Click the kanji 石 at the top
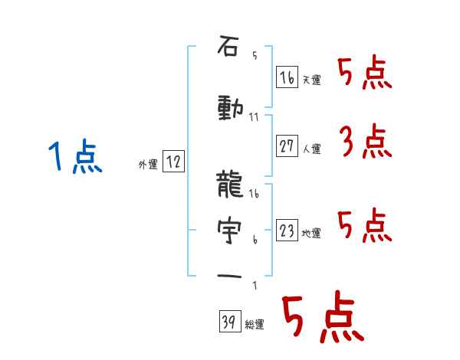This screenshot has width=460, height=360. tap(228, 45)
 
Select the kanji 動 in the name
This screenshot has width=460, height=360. tap(231, 109)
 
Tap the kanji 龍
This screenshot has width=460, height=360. tap(230, 185)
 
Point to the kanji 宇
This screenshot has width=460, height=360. tap(229, 231)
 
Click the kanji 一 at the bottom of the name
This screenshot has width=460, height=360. tap(229, 277)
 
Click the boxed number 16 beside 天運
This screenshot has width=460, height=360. tap(287, 77)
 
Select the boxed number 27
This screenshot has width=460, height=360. tap(287, 146)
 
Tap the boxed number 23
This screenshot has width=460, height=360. tap(287, 230)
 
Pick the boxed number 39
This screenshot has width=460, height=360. tap(230, 321)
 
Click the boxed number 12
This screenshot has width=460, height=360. tap(173, 162)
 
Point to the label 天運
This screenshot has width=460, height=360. tap(311, 80)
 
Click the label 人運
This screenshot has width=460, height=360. tap(311, 149)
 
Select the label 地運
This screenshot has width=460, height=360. tap(311, 234)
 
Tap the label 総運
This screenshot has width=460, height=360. tap(255, 325)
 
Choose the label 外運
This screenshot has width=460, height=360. tap(148, 165)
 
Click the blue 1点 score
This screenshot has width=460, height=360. tap(75, 156)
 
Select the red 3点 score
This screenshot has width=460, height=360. tap(366, 141)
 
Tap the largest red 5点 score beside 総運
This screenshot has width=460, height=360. tap(324, 316)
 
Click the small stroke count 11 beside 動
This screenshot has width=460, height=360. tap(254, 117)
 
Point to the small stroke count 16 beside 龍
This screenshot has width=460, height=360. tap(254, 194)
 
